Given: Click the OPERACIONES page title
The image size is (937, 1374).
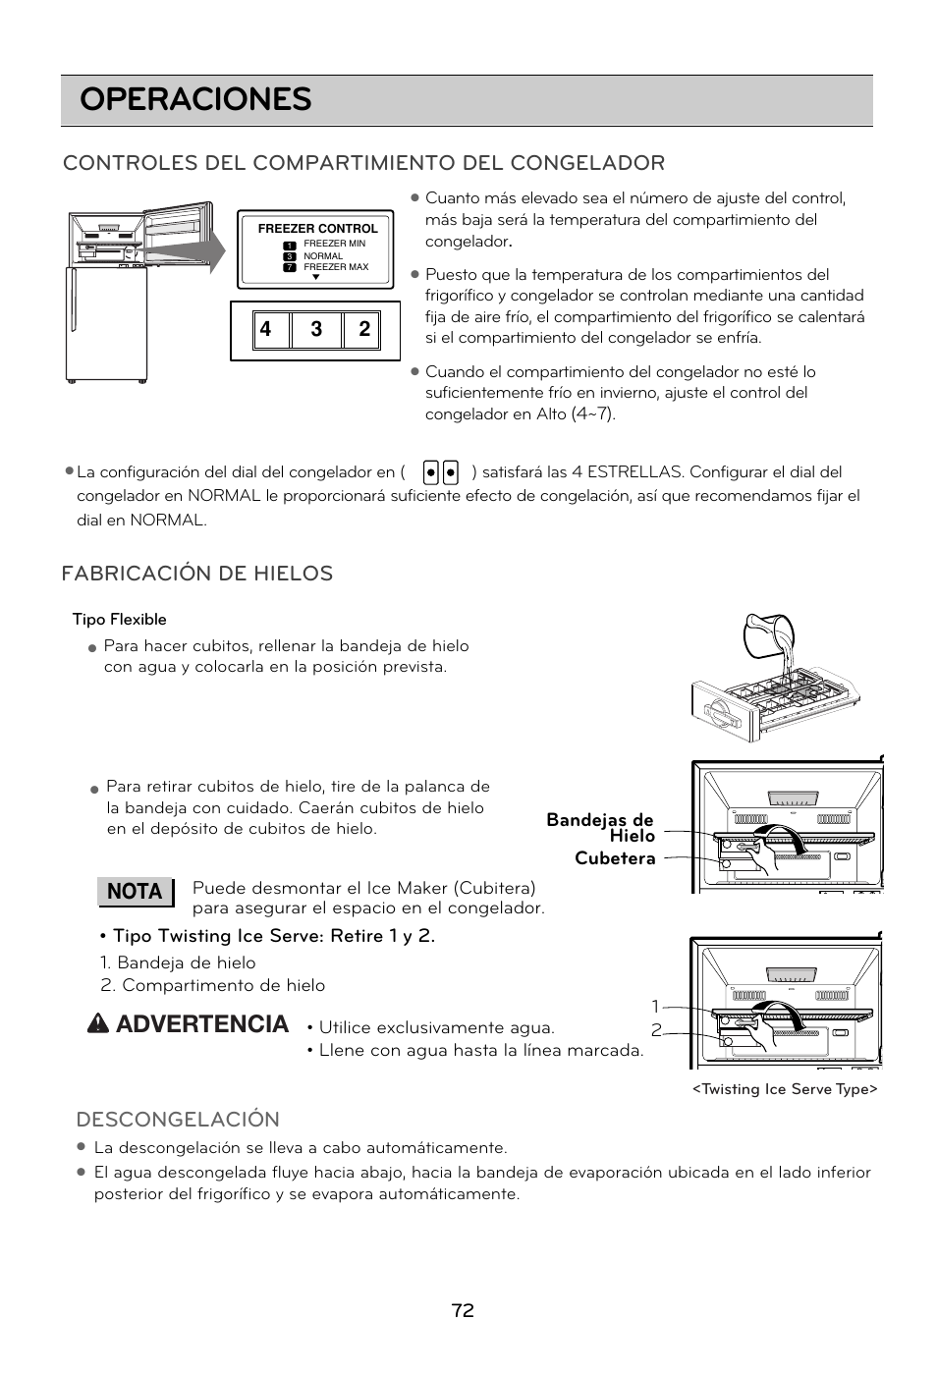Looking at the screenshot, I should (x=195, y=100).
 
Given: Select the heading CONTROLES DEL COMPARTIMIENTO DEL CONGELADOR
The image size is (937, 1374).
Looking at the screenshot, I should (x=363, y=163).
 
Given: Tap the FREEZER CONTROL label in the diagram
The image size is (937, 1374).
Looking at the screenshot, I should (x=317, y=229).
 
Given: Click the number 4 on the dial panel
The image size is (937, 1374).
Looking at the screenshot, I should (x=265, y=330).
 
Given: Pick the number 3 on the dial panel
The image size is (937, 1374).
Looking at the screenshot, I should (x=316, y=330).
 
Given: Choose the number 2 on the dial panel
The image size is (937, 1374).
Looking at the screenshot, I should (x=364, y=330).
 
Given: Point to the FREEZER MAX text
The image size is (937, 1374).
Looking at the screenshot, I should (x=335, y=267).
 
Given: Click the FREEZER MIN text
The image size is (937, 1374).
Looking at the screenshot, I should (x=334, y=244).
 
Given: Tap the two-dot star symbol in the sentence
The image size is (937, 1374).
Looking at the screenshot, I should (x=440, y=472).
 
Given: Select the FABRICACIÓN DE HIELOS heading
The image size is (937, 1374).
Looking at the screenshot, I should (x=197, y=574).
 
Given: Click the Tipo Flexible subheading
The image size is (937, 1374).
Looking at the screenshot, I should (x=119, y=620).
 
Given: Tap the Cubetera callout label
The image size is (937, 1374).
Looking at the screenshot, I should (x=614, y=858).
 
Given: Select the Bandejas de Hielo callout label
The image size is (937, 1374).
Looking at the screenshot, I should (x=601, y=827).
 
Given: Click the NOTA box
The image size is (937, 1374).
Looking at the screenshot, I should (x=135, y=892).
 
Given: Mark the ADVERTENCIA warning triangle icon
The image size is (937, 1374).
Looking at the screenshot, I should (x=98, y=1024).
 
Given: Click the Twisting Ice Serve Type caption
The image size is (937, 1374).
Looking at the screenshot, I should (x=784, y=1089).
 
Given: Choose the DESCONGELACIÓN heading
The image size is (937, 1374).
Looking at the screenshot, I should (x=178, y=1120).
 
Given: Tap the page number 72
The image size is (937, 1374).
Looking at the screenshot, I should (x=464, y=1310).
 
